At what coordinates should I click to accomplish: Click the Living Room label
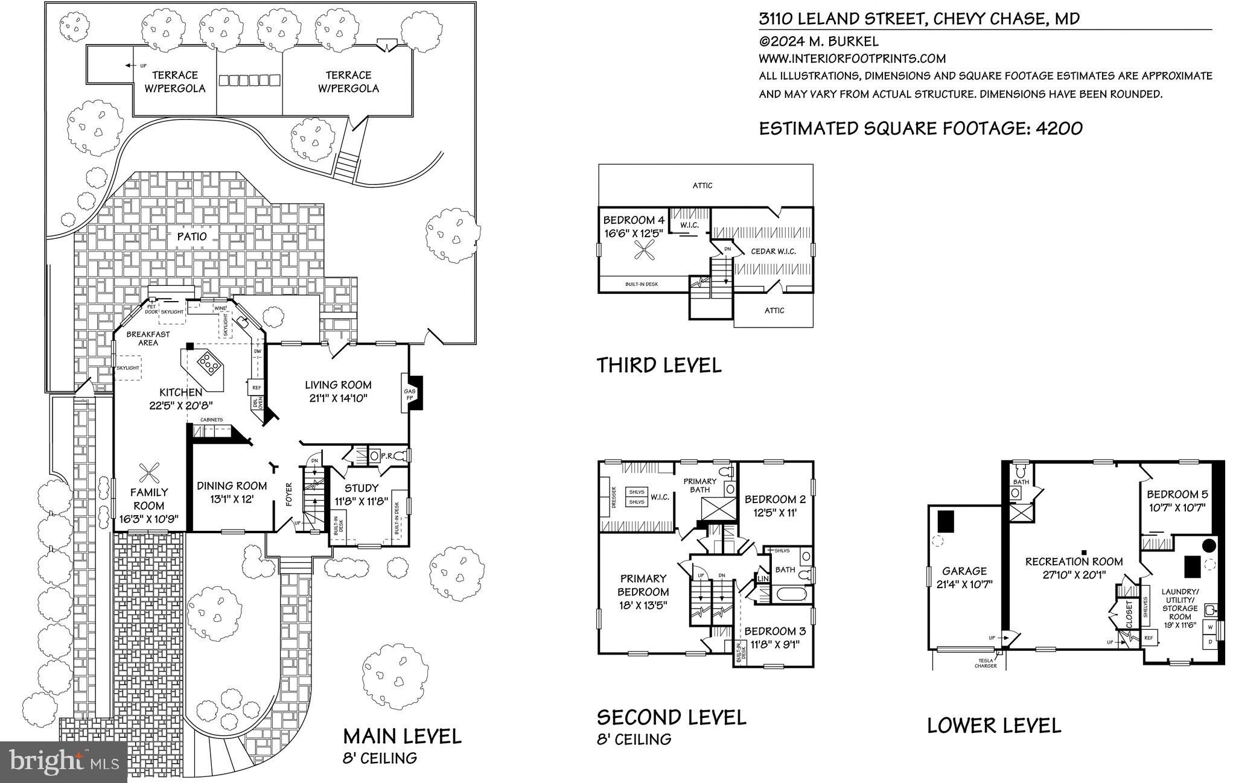click(338, 385)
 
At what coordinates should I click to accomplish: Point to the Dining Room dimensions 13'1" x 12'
click(232, 499)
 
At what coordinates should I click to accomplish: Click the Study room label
click(362, 488)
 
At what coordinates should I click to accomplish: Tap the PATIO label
click(192, 236)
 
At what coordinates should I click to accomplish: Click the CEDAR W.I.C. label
click(773, 251)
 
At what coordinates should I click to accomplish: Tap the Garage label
click(964, 571)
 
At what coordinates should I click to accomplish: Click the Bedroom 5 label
click(1177, 494)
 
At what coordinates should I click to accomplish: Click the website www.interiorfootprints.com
click(852, 59)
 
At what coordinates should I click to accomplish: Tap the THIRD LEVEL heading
click(659, 365)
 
